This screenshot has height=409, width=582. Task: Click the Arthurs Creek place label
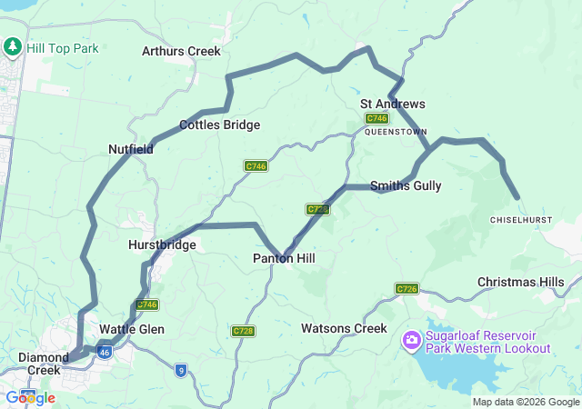click(181, 51)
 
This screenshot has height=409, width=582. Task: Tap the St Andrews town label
click(393, 105)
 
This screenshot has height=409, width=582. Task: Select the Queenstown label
click(396, 132)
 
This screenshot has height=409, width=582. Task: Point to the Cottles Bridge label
click(219, 125)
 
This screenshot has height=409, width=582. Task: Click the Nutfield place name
click(131, 148)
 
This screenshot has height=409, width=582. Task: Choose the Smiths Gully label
click(406, 185)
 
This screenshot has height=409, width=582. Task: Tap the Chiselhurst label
click(521, 220)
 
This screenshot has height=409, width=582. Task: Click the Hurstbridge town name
click(162, 244)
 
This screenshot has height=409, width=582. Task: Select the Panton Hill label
click(284, 259)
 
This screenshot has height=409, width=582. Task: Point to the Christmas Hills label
click(521, 283)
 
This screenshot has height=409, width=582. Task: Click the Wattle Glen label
click(132, 329)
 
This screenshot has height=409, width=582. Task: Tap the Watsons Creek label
click(344, 328)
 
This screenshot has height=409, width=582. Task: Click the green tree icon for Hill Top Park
click(14, 46)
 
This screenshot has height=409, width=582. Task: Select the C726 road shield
click(406, 289)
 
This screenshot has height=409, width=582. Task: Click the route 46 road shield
click(105, 351)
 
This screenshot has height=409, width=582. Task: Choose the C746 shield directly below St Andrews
click(376, 119)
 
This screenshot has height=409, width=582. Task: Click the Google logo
click(30, 397)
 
